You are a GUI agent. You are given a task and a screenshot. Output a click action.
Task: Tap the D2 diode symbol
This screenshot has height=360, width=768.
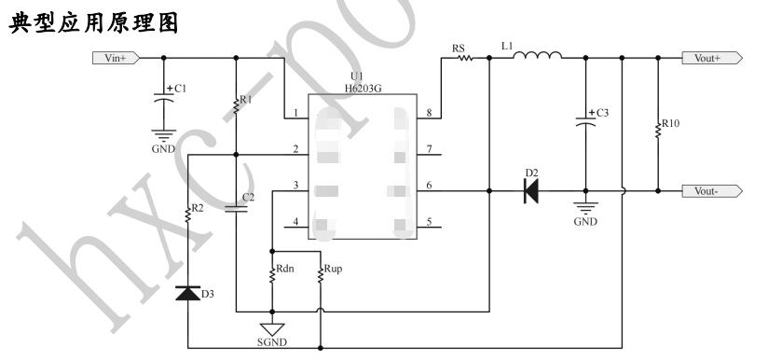coord(531,190)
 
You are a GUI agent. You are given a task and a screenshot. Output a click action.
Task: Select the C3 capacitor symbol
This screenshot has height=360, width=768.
coord(585,121)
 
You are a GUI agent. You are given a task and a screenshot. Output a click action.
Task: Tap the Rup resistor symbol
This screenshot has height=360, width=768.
coord(320,274)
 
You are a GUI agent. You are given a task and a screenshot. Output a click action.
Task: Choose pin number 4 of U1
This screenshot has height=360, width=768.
coord(295,222)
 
